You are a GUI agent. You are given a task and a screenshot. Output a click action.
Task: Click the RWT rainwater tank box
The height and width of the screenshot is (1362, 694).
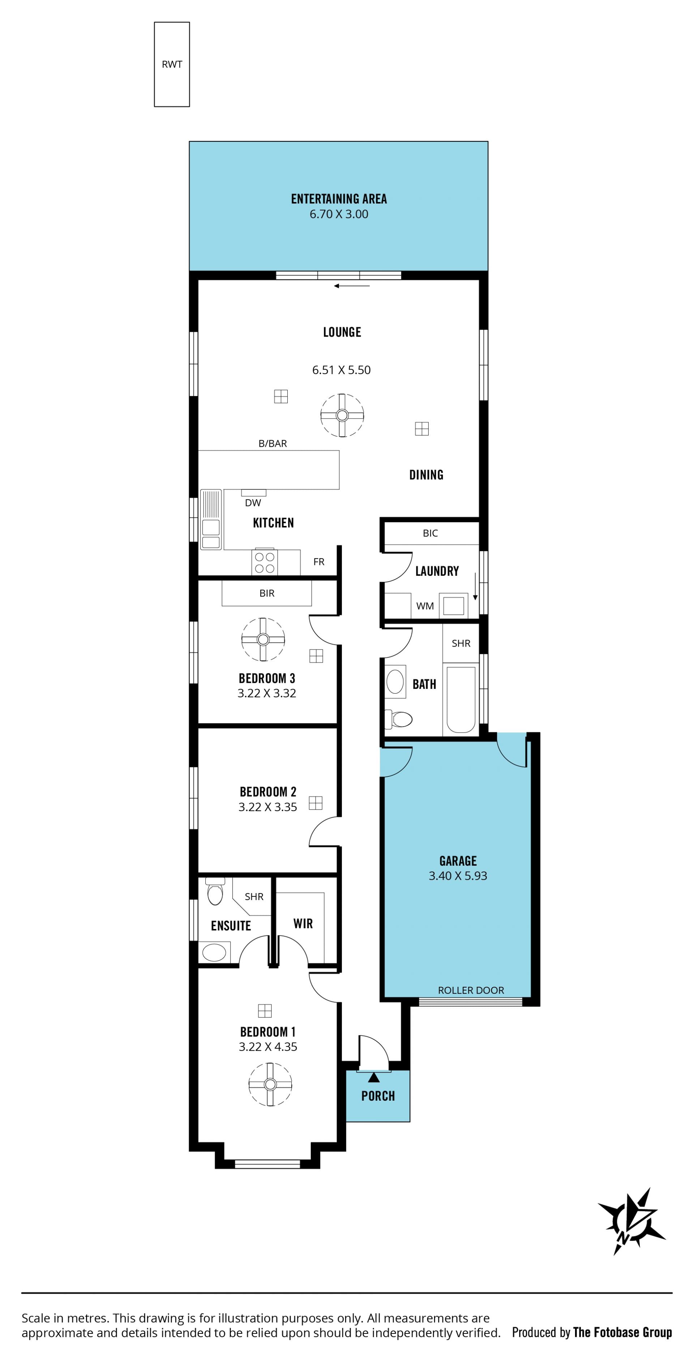(172, 64)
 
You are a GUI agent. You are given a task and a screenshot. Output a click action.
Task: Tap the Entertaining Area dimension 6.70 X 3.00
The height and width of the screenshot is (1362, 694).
(339, 214)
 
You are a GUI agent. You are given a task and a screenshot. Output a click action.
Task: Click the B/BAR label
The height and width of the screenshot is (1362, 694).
(273, 444)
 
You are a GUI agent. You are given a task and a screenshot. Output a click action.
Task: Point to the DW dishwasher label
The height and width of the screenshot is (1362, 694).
(253, 503)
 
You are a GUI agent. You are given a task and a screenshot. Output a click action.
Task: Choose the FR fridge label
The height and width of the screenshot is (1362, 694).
(319, 561)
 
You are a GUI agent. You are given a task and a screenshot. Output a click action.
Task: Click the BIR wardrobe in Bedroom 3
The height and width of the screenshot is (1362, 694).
(267, 593)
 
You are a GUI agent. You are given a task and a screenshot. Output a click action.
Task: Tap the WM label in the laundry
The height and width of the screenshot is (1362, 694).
(425, 606)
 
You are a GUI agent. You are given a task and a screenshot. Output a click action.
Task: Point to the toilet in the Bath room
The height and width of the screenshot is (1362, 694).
(399, 719)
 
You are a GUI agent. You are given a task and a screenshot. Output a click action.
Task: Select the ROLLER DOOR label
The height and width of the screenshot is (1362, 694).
(471, 990)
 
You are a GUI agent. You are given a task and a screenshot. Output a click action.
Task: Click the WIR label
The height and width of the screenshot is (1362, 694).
(303, 924)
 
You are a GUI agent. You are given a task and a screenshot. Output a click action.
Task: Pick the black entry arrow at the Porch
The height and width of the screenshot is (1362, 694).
(374, 1077)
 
